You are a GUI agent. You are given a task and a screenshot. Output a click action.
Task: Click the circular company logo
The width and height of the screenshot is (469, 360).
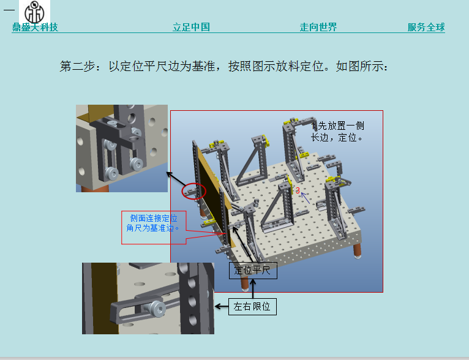coord(34,13)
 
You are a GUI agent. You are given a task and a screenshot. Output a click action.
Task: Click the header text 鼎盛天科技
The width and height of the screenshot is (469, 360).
coord(35,27)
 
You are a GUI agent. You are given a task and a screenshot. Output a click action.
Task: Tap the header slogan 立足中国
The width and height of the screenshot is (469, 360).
coord(191,27)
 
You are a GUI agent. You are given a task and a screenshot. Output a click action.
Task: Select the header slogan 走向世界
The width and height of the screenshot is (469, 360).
coord(318,27)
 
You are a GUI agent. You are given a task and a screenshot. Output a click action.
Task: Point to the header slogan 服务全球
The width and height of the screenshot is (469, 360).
coord(426,27)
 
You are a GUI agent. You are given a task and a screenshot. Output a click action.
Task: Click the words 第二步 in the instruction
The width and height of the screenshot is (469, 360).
coord(78,66)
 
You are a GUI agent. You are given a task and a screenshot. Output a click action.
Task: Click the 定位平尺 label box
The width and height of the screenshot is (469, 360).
coord(253,271)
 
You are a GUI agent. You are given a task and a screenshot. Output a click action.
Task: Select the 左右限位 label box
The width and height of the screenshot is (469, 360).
coord(252,307)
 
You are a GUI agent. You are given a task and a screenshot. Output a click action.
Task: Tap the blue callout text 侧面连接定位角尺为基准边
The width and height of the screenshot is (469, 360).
coord(152,223)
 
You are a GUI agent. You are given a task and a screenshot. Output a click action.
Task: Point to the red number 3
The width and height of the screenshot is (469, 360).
coord(298,190)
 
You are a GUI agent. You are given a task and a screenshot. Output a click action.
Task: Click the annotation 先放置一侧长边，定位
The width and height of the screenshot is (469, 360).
coord(337,132)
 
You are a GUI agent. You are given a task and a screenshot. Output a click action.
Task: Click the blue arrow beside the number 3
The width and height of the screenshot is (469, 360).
coord(305,198)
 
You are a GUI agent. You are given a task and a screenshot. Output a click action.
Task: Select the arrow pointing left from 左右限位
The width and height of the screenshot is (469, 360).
coord(222,307)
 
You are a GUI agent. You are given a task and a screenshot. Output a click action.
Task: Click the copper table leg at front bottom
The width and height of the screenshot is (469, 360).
coord(245,283)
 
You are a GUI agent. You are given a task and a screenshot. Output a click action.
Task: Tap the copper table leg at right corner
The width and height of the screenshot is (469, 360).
coord(357,252)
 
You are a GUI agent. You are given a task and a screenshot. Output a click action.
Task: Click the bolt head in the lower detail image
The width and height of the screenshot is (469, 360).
coord(157,309)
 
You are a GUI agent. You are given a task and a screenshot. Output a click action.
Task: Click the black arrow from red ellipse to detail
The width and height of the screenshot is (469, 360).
coord(176,179)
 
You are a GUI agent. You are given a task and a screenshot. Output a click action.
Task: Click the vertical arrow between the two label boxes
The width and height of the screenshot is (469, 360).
coord(253,288)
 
